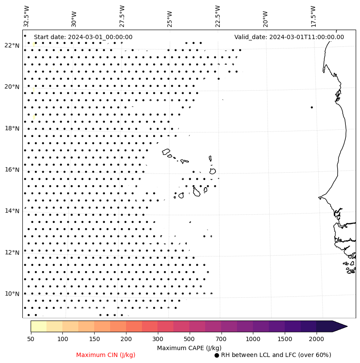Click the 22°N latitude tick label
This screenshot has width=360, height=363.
(12, 46)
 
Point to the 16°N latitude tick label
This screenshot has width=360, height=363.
(12, 170)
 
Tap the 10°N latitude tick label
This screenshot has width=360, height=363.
(12, 294)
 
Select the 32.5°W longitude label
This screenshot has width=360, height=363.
(27, 16)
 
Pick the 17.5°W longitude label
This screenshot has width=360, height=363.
(313, 16)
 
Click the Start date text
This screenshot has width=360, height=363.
(83, 37)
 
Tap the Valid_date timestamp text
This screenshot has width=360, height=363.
(289, 37)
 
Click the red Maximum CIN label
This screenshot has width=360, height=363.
(106, 355)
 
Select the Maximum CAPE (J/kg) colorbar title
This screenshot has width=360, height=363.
(189, 348)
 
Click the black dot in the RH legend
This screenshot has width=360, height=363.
(217, 355)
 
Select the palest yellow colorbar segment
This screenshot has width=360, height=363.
(38, 326)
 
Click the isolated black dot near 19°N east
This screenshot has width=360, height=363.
(312, 107)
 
